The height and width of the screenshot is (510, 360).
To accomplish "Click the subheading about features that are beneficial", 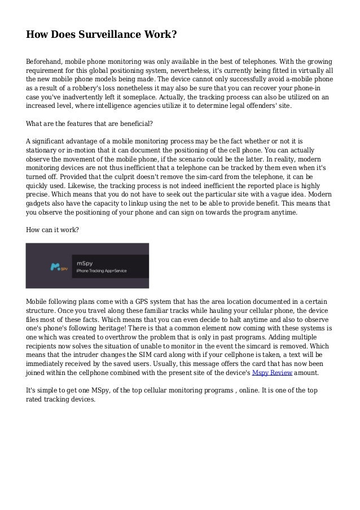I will pyautogui.click(x=90, y=124).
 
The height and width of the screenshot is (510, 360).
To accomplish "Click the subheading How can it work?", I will pyautogui.click(x=52, y=230).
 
